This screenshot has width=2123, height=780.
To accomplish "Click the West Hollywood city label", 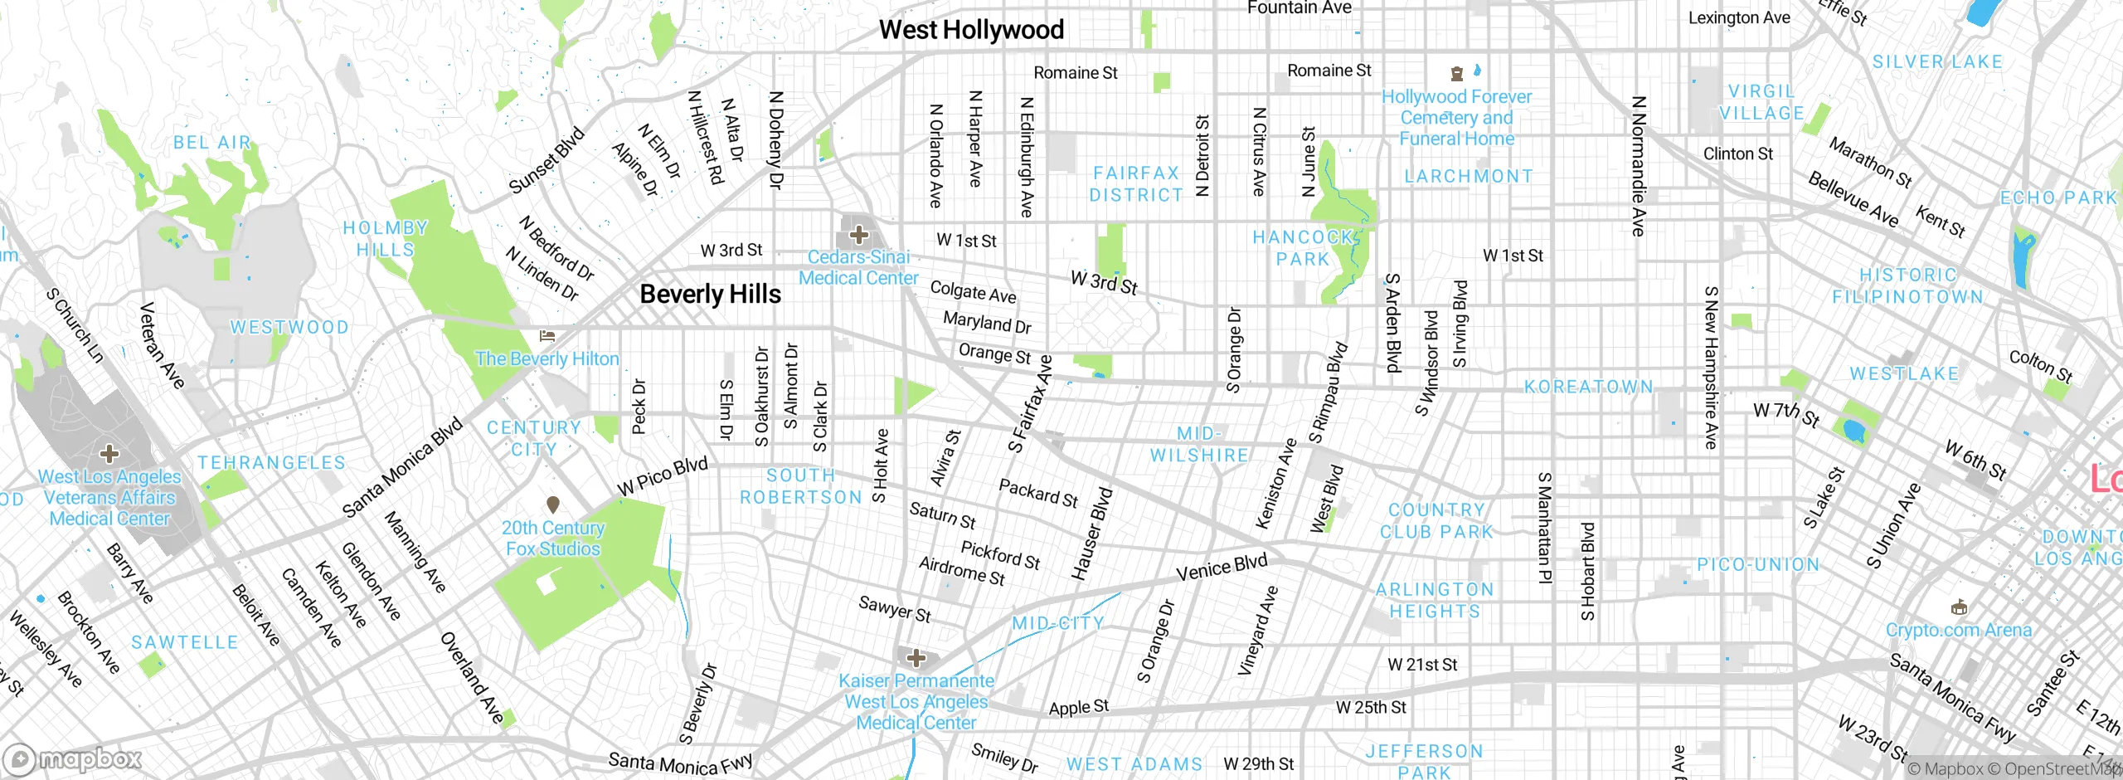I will coord(971,30).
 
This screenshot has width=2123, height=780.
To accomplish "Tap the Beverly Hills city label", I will coord(710,294).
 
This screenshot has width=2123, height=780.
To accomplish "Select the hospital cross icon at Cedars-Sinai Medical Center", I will coord(858,235).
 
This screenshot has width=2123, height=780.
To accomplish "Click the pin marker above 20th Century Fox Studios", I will coord(553,505).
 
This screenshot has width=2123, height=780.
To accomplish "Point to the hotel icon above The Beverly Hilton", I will coord(547,336).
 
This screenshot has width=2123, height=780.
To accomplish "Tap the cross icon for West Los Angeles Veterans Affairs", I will coord(109,453).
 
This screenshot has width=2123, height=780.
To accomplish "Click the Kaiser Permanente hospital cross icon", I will coord(916,659).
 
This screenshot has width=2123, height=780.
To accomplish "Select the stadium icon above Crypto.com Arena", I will coord(1959,607).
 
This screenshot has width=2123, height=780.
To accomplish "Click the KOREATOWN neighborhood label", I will coord(1589,387).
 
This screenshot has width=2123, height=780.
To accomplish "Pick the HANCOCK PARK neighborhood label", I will coord(1303,248).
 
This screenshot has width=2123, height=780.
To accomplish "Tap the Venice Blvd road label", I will coord(1222,568).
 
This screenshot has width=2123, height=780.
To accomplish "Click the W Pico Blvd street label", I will coord(663,476).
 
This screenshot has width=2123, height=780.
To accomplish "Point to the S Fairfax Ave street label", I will coord(1031,404).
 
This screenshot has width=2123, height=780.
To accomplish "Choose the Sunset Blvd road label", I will coord(547,161).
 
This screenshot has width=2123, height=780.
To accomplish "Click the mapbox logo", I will coord(73,758).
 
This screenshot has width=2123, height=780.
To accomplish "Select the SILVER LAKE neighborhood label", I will coord(1937,61).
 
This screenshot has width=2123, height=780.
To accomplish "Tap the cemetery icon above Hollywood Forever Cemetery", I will coord(1456,74).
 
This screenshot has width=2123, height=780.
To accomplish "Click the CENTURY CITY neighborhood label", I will coord(533,438).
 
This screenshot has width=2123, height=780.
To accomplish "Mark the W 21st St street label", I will coord(1422,665).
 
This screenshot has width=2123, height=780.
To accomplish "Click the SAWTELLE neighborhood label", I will coord(185,642).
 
